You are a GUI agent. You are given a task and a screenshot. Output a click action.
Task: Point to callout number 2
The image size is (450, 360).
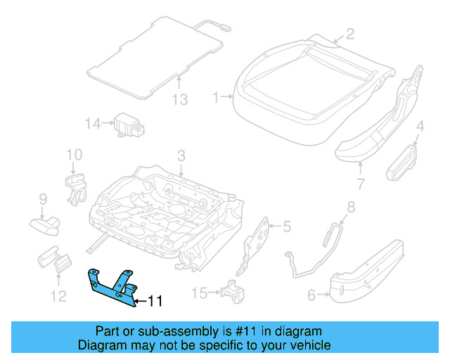click(349, 33)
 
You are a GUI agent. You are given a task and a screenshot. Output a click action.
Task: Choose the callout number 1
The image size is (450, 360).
click(217, 98)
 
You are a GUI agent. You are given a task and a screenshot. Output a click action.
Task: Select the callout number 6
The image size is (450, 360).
click(311, 296)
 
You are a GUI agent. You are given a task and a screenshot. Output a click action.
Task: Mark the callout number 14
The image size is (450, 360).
click(94, 124)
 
